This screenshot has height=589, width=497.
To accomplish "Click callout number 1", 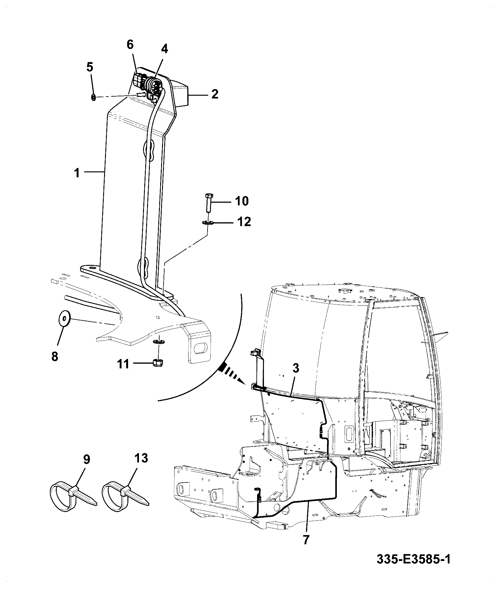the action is coord(77,173).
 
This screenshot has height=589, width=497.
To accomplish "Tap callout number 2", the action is coord(215,94).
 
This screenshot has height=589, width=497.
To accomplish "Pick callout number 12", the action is coord(243,222).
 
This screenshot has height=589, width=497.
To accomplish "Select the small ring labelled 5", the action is coord(93,97).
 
